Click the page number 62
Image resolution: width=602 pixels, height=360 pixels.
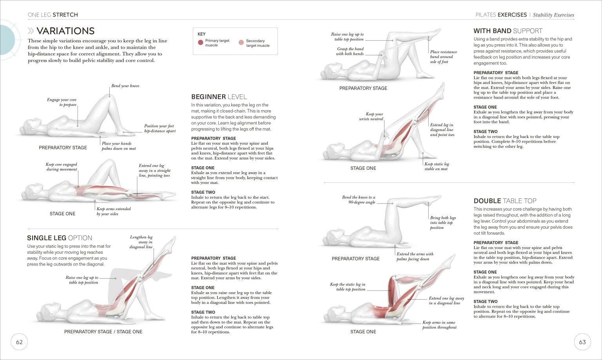(x=19, y=342)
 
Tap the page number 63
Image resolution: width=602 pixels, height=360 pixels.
(x=582, y=342)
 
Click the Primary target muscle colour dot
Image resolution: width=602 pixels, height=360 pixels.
(x=201, y=43)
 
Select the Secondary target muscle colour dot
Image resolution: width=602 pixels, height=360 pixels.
(x=241, y=43)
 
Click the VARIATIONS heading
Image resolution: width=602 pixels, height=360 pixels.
(x=65, y=31)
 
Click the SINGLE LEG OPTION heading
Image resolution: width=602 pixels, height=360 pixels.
(x=60, y=238)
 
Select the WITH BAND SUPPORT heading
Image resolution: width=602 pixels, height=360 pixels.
(x=508, y=31)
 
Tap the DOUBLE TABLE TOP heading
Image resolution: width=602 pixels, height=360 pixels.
(x=505, y=201)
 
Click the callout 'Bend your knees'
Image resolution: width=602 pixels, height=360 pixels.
(x=125, y=86)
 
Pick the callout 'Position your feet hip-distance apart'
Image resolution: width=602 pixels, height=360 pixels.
(x=160, y=129)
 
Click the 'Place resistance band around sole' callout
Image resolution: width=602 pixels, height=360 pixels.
(x=443, y=57)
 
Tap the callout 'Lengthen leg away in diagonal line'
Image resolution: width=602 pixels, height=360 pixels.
(x=141, y=242)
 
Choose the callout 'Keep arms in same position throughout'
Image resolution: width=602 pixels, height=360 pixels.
(x=439, y=325)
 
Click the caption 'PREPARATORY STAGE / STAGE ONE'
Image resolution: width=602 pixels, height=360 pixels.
(x=103, y=332)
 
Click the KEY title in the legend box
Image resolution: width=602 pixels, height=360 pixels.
(x=201, y=34)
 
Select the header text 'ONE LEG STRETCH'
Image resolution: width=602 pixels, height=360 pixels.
(x=53, y=15)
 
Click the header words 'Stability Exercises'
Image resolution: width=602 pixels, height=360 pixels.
(x=553, y=15)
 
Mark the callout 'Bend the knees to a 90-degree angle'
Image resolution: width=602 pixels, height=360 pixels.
(x=358, y=200)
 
